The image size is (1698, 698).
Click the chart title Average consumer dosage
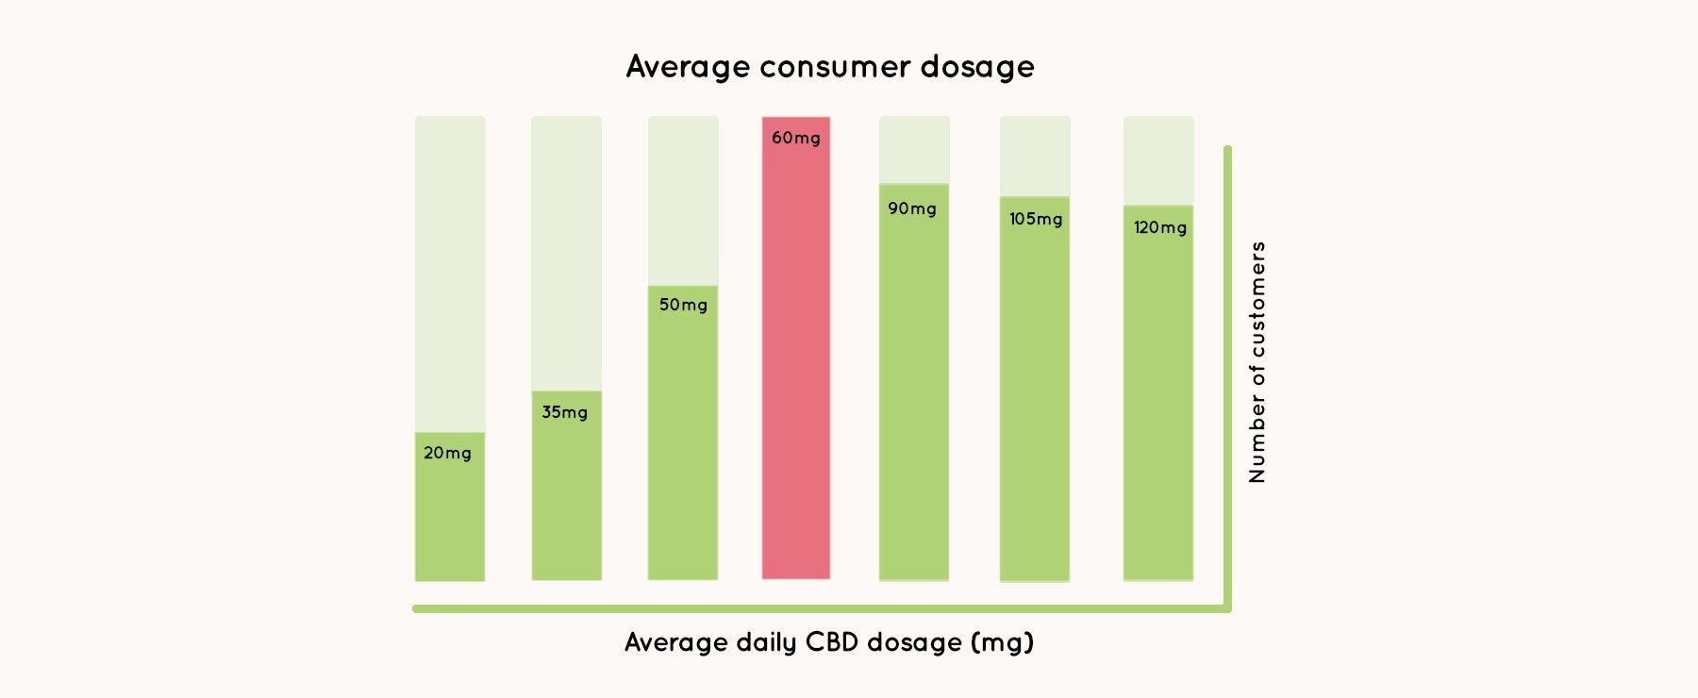[830, 67]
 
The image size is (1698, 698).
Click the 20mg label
[447, 453]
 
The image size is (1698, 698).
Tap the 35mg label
[564, 412]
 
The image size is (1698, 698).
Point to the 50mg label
[683, 305]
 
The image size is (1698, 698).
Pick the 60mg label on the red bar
[795, 138]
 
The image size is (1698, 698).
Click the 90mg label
[911, 208]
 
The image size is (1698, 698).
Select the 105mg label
[1035, 219]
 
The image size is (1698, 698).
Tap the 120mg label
[1159, 227]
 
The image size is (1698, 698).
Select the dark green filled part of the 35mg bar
[566, 500]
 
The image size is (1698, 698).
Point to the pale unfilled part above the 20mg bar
[450, 274]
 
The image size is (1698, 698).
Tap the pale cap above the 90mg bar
[914, 149]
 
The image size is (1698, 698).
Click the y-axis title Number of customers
[1257, 362]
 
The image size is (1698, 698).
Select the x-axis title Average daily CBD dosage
[829, 642]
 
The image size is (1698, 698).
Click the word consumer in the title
[835, 67]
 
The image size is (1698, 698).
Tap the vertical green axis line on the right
[1227, 377]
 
